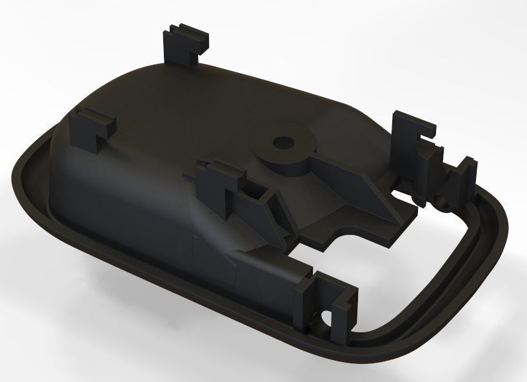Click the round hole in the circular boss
pyautogui.click(x=283, y=141)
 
